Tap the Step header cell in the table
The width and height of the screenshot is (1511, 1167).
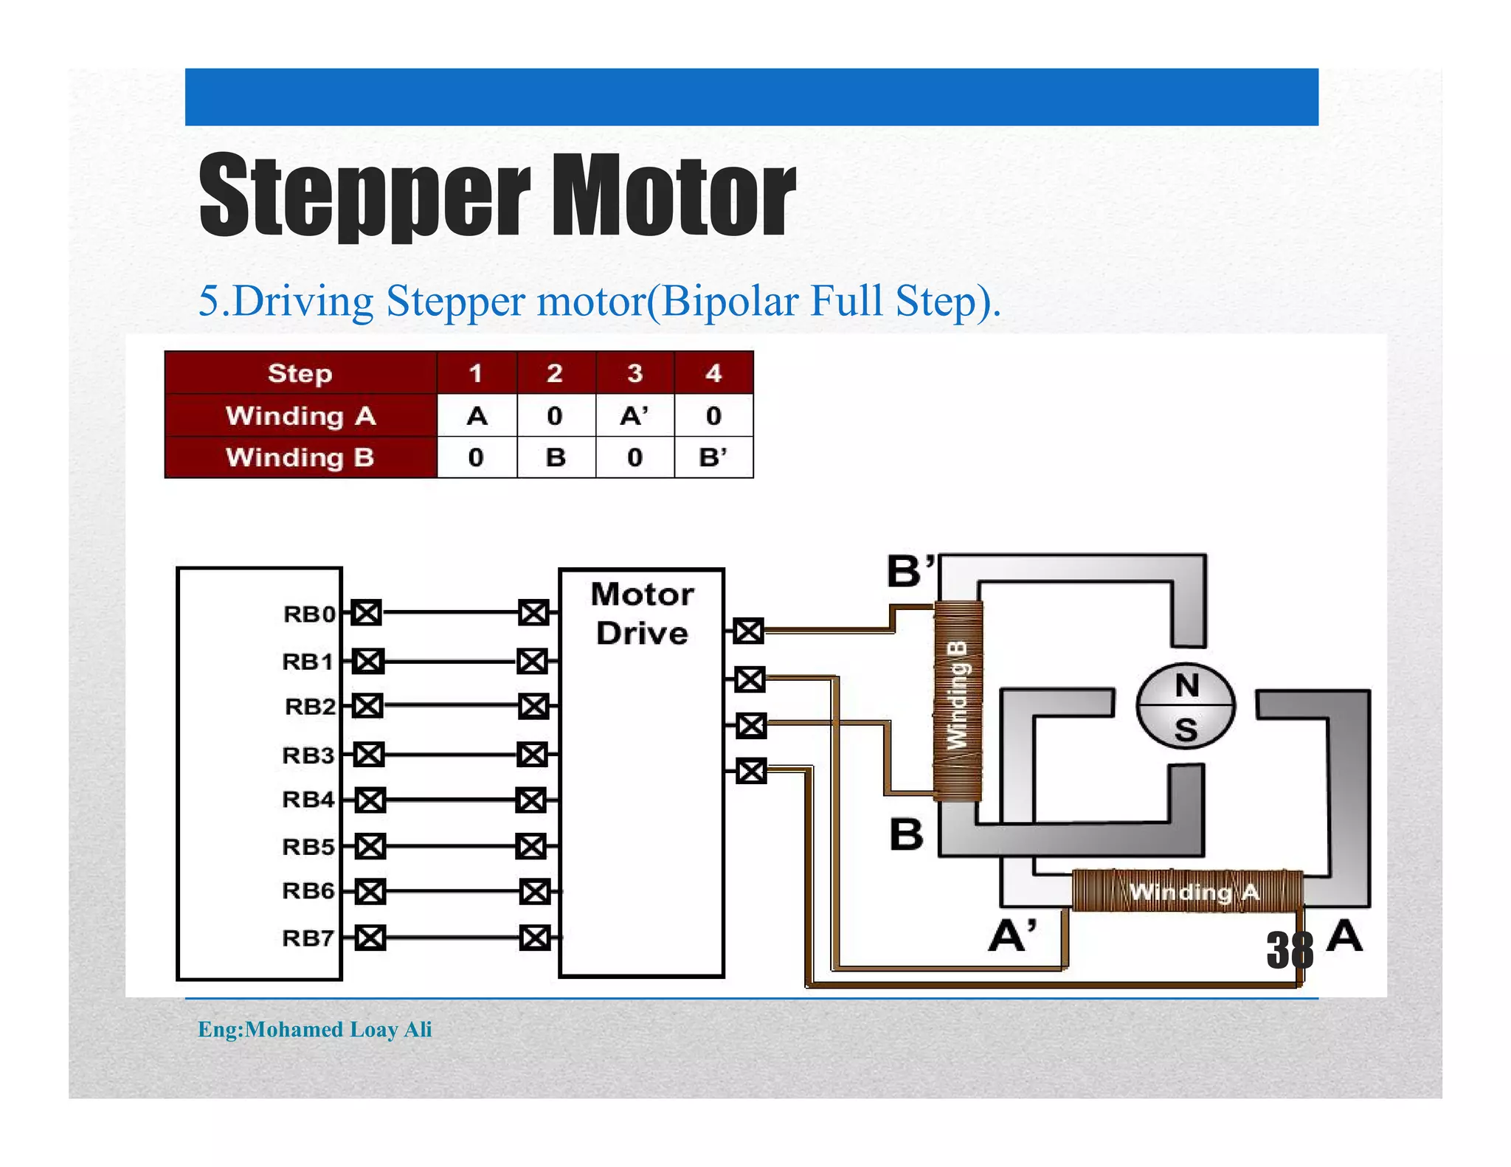tap(300, 373)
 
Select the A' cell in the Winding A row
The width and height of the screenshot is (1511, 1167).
tap(634, 416)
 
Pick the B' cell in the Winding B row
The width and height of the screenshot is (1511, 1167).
tap(713, 457)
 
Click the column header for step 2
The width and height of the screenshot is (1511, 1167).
tap(555, 373)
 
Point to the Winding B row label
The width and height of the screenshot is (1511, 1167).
tap(300, 457)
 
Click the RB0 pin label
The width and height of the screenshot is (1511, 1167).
tap(309, 614)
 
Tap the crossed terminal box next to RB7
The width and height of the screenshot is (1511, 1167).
tap(370, 938)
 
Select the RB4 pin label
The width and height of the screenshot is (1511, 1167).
tap(308, 800)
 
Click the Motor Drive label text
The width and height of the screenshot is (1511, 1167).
tap(642, 614)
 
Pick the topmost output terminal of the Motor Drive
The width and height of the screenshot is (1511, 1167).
tap(749, 631)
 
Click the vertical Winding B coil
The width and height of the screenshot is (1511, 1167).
tap(958, 701)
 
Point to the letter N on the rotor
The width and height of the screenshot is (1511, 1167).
tap(1186, 686)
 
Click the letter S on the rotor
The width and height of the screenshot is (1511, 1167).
tap(1186, 730)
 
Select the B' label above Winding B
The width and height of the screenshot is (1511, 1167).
tap(910, 571)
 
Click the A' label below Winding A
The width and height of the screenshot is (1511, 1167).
tap(1012, 937)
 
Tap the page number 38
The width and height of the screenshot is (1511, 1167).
tap(1290, 950)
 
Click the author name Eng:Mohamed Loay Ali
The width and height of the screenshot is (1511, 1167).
tap(315, 1029)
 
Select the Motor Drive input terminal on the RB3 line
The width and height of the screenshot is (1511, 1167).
tap(532, 755)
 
